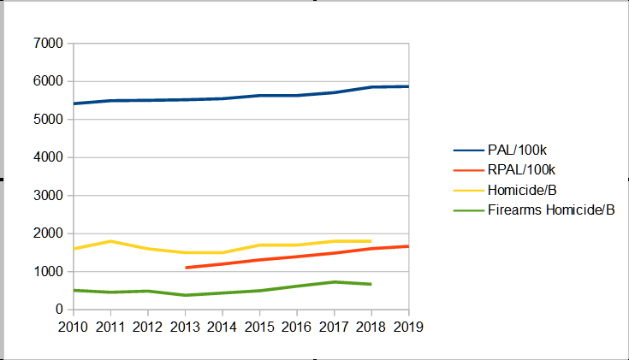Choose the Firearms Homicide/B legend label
[551, 210]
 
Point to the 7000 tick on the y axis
[48, 44]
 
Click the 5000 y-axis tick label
[48, 120]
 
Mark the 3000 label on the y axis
[48, 196]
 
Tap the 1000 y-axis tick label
[48, 272]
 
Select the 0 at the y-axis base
[59, 310]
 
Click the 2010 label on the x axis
[74, 327]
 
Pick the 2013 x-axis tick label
[186, 327]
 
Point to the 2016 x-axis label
[297, 327]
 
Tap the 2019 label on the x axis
[408, 327]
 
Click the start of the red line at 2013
[186, 268]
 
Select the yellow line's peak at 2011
[111, 241]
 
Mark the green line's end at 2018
[371, 284]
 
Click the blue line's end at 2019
[408, 86]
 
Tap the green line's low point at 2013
[186, 295]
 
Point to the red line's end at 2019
[408, 246]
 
